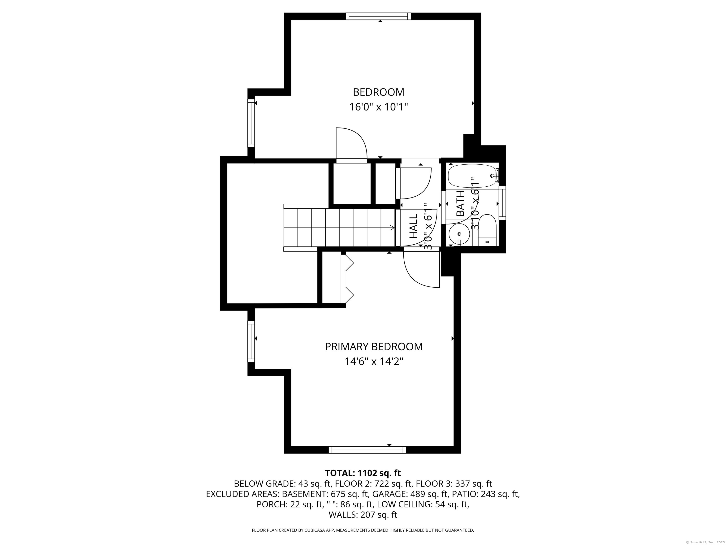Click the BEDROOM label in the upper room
(x=378, y=92)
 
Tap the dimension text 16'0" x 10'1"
(x=378, y=107)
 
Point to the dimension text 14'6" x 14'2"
(x=374, y=362)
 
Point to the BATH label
(x=460, y=203)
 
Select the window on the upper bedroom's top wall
(x=378, y=16)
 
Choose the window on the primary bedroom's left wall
(x=251, y=341)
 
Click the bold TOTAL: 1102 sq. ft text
(x=363, y=473)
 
